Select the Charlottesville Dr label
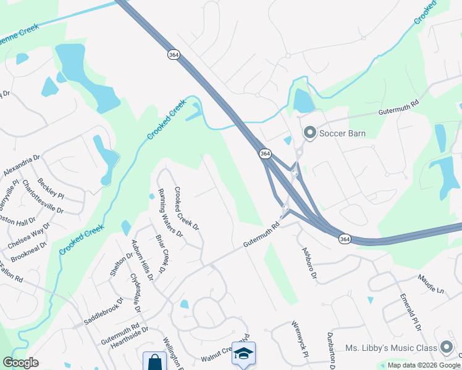[x=43, y=197]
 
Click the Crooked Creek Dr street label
[x=187, y=208]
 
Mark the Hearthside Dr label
[x=130, y=330]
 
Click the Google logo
[x=20, y=363]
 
